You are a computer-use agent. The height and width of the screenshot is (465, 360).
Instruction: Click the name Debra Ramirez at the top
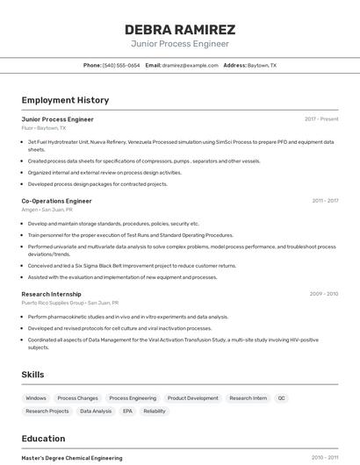coord(180,29)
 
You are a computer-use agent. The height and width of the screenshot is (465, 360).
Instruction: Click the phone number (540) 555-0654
coord(121,65)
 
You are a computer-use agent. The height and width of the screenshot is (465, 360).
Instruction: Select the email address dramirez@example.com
coord(190,65)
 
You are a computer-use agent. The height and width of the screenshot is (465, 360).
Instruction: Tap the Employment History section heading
coord(65,100)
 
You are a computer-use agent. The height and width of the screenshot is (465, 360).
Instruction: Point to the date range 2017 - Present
coord(321,119)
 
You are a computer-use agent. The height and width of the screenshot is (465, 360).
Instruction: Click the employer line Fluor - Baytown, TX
coord(44,128)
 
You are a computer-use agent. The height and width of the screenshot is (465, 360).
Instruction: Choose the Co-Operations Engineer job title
coord(56,201)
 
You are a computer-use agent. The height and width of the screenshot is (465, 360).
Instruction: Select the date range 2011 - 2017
coord(325,201)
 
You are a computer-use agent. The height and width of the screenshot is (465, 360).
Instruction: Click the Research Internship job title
coord(51,294)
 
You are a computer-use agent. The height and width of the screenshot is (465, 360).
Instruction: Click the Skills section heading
coord(32,375)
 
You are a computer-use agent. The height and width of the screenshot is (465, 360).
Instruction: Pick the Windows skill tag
coord(36,398)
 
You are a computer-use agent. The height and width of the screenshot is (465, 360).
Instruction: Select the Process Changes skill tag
coord(76,398)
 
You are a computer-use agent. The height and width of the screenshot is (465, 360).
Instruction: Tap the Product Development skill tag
coord(192,398)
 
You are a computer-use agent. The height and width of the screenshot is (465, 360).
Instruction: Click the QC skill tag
coord(281,398)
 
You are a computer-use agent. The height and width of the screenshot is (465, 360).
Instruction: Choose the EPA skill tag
coord(127,411)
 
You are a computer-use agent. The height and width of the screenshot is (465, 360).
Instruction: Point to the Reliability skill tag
coord(155,411)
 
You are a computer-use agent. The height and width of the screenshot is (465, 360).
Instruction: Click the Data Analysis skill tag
coord(96,411)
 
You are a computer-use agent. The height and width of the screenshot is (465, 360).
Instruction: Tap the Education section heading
coord(43,439)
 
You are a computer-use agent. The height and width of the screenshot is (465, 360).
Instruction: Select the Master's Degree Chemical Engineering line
coord(72,458)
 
